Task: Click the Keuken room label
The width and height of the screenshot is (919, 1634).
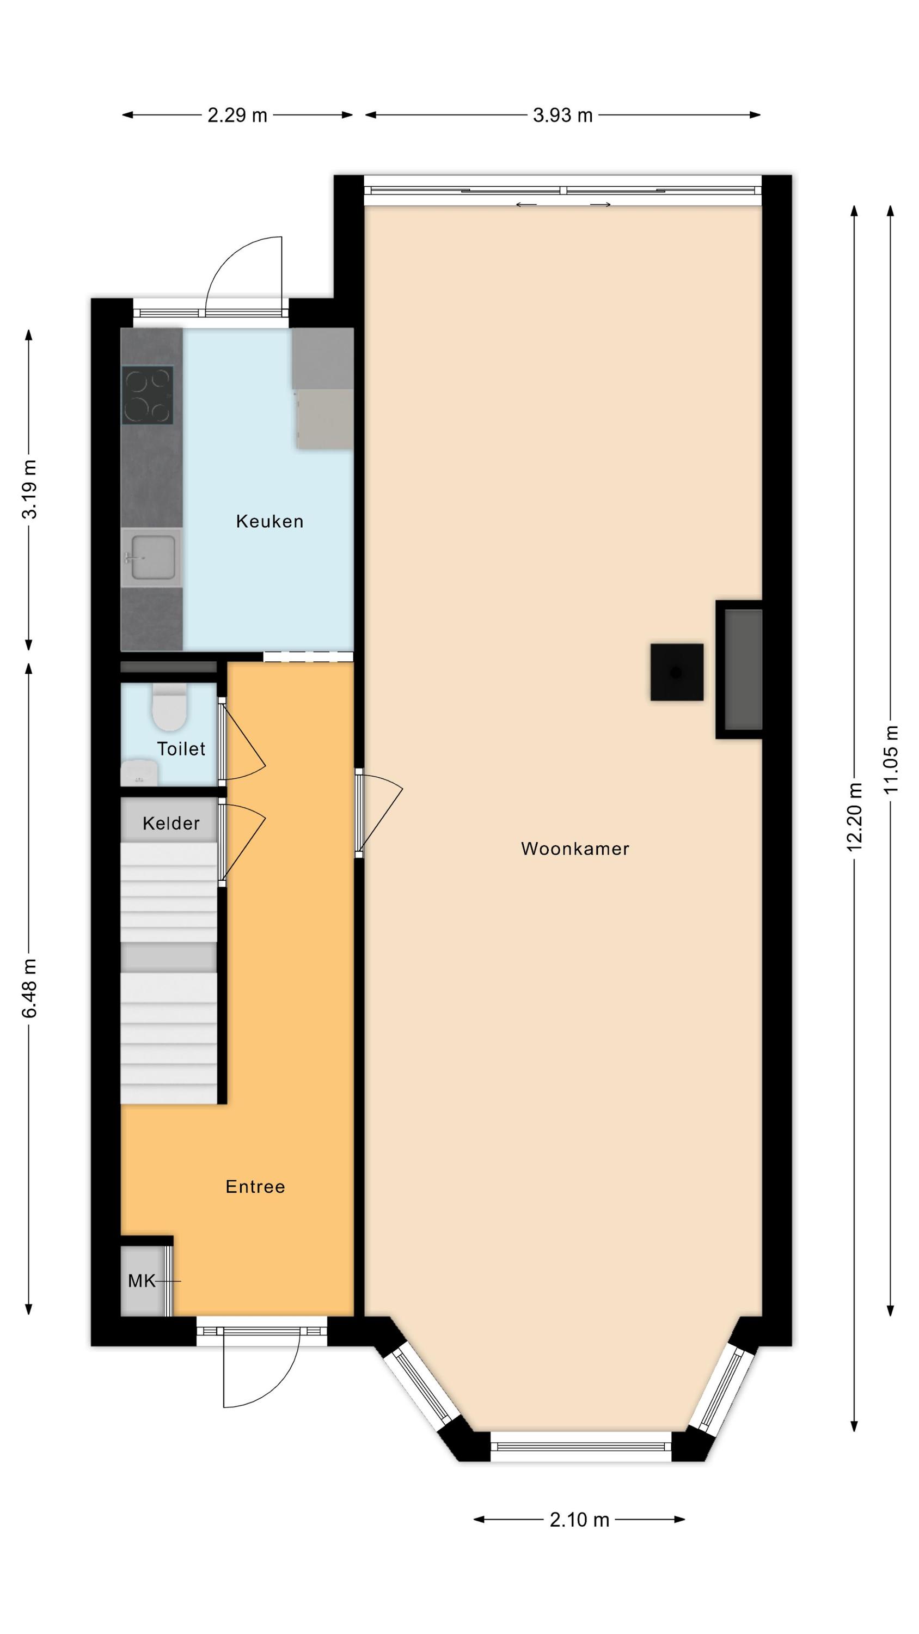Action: pos(269,521)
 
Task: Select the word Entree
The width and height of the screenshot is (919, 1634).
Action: pos(255,1187)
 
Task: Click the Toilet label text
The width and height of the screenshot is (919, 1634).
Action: pos(181,749)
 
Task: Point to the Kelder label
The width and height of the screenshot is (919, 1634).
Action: pos(171,824)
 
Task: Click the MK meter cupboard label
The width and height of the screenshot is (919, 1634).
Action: pos(142,1281)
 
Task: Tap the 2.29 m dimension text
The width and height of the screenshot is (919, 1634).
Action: pos(238,115)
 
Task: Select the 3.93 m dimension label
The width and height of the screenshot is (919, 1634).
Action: pos(562,115)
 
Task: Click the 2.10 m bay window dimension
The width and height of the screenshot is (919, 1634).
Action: pos(580,1520)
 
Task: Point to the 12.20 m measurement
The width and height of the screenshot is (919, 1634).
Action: pos(855,816)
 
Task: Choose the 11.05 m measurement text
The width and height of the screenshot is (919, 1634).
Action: pos(891,759)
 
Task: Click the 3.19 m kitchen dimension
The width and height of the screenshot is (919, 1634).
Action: pos(29,489)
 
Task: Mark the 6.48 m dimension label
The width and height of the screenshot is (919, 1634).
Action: pos(29,987)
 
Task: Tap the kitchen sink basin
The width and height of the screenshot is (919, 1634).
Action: pos(153,558)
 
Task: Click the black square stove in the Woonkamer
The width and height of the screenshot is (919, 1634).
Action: pos(677,672)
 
